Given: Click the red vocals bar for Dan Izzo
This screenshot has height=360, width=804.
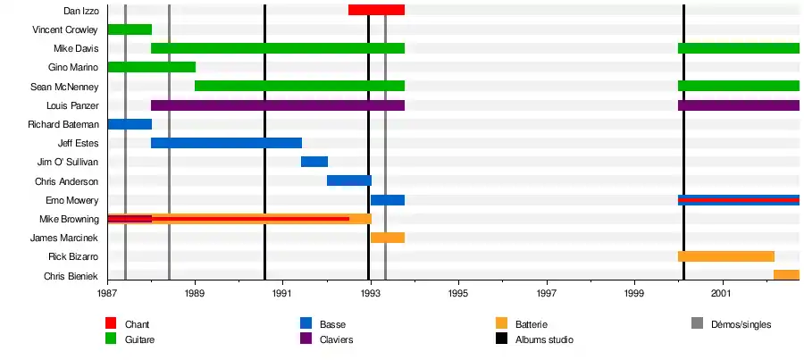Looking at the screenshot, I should click(x=376, y=10).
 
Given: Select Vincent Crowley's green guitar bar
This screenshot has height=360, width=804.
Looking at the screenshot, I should click(x=130, y=29).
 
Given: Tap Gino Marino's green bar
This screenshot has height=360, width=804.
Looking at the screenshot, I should click(x=151, y=67).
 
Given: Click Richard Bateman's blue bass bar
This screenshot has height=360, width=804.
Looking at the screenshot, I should click(x=130, y=124).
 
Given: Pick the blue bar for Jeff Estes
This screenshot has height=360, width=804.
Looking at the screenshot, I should click(x=226, y=143).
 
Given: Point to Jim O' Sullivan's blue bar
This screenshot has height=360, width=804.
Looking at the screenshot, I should click(x=314, y=162).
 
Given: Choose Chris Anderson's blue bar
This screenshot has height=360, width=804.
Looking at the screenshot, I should click(x=348, y=180).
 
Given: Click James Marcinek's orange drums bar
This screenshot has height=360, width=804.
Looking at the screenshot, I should click(x=388, y=238).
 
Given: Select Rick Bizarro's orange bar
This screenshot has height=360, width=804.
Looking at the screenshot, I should click(x=725, y=256).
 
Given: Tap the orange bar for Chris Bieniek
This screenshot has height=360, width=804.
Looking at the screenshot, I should click(x=786, y=275).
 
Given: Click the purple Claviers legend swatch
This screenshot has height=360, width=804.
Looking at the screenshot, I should click(x=306, y=339).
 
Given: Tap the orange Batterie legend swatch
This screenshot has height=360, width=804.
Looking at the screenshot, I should click(x=501, y=323).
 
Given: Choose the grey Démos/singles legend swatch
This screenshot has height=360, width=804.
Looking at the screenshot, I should click(x=698, y=323).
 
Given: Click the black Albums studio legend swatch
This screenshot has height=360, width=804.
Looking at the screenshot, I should click(x=501, y=339).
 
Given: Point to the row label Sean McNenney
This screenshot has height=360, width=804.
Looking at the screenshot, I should click(x=71, y=87).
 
